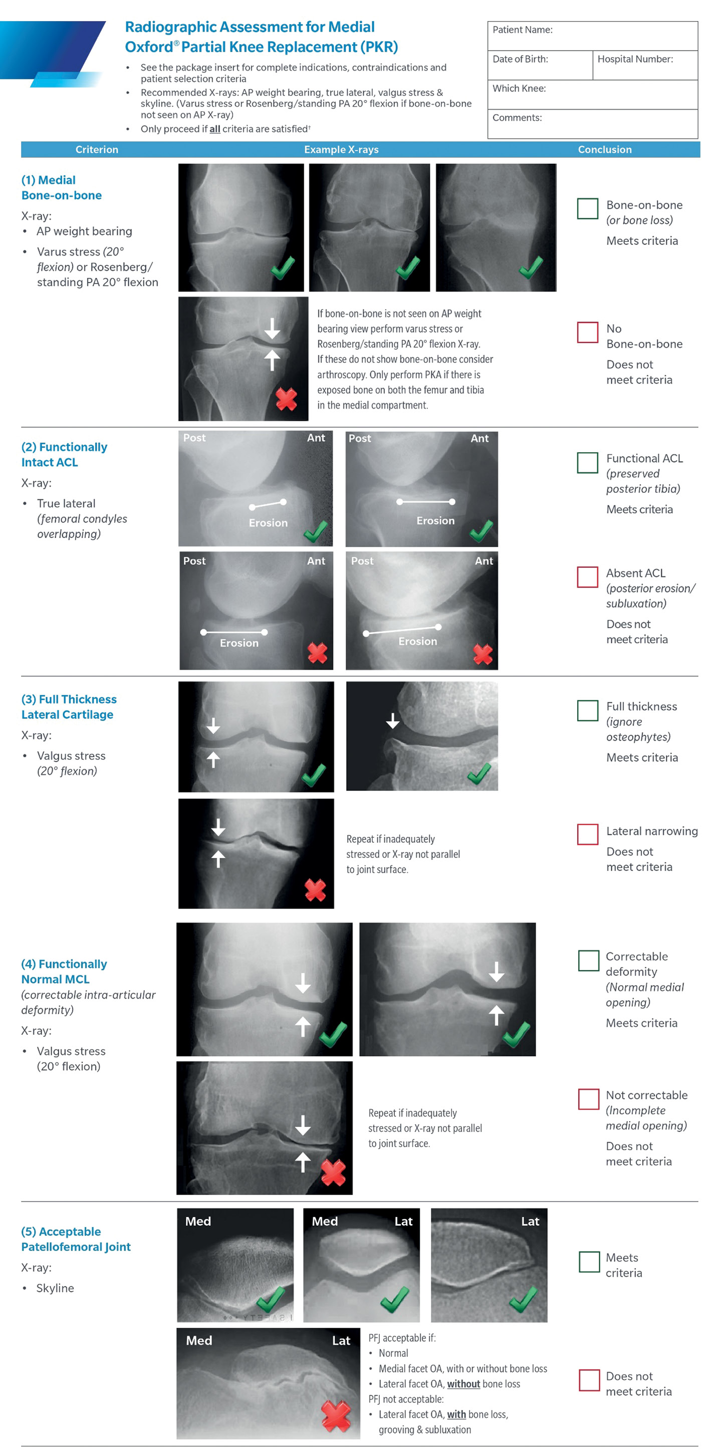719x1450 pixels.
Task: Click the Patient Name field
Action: pyautogui.click(x=592, y=37)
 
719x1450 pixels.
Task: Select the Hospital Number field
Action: pyautogui.click(x=645, y=66)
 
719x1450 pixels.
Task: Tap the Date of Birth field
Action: pyautogui.click(x=540, y=66)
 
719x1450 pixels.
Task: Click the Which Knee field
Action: pyautogui.click(x=592, y=95)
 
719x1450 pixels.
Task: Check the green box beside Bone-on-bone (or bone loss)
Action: pyautogui.click(x=587, y=208)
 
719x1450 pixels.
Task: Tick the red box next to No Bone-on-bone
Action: pyautogui.click(x=587, y=332)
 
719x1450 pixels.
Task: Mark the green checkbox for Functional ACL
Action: pyautogui.click(x=587, y=463)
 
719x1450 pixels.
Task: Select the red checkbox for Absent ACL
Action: pyautogui.click(x=587, y=577)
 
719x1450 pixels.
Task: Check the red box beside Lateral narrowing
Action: pyautogui.click(x=587, y=835)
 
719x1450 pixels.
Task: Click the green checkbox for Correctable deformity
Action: pyautogui.click(x=588, y=961)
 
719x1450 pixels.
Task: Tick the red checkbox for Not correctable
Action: pyautogui.click(x=588, y=1099)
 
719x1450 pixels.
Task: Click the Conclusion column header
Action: pyautogui.click(x=605, y=150)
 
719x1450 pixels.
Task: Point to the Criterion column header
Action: pyautogui.click(x=97, y=150)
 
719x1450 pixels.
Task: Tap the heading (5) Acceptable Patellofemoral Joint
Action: pyautogui.click(x=76, y=1240)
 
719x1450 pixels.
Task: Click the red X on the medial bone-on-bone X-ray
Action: pyautogui.click(x=286, y=400)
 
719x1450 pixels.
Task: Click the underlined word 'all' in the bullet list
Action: pyautogui.click(x=214, y=129)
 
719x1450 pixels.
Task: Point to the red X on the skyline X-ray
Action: pyautogui.click(x=336, y=1416)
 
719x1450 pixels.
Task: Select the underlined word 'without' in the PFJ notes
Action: pyautogui.click(x=463, y=1384)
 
